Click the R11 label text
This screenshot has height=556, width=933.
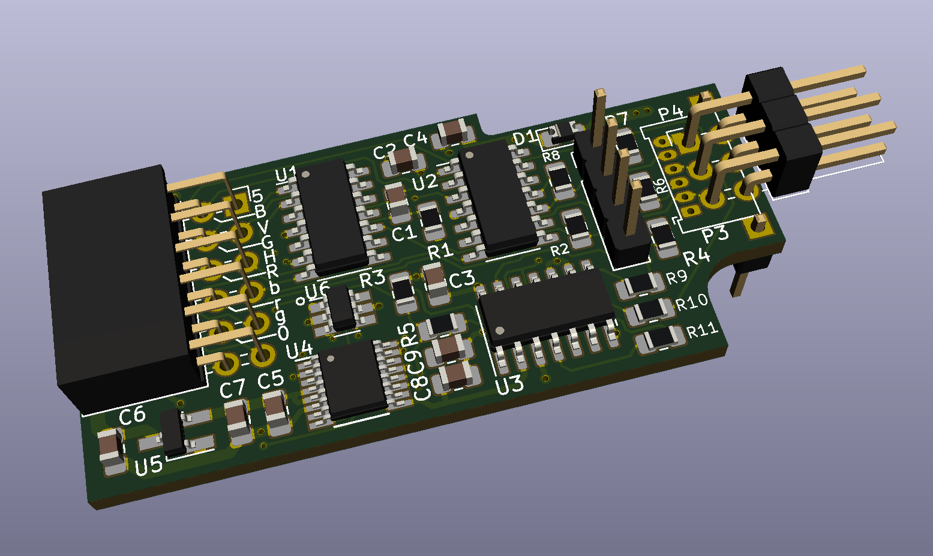[x=703, y=330]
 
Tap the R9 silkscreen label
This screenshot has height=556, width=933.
[x=677, y=277]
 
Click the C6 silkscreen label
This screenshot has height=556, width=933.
[x=133, y=416]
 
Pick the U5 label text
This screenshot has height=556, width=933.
[x=148, y=466]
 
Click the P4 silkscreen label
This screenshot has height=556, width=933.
[x=671, y=113]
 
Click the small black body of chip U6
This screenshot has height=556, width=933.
[x=342, y=308]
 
